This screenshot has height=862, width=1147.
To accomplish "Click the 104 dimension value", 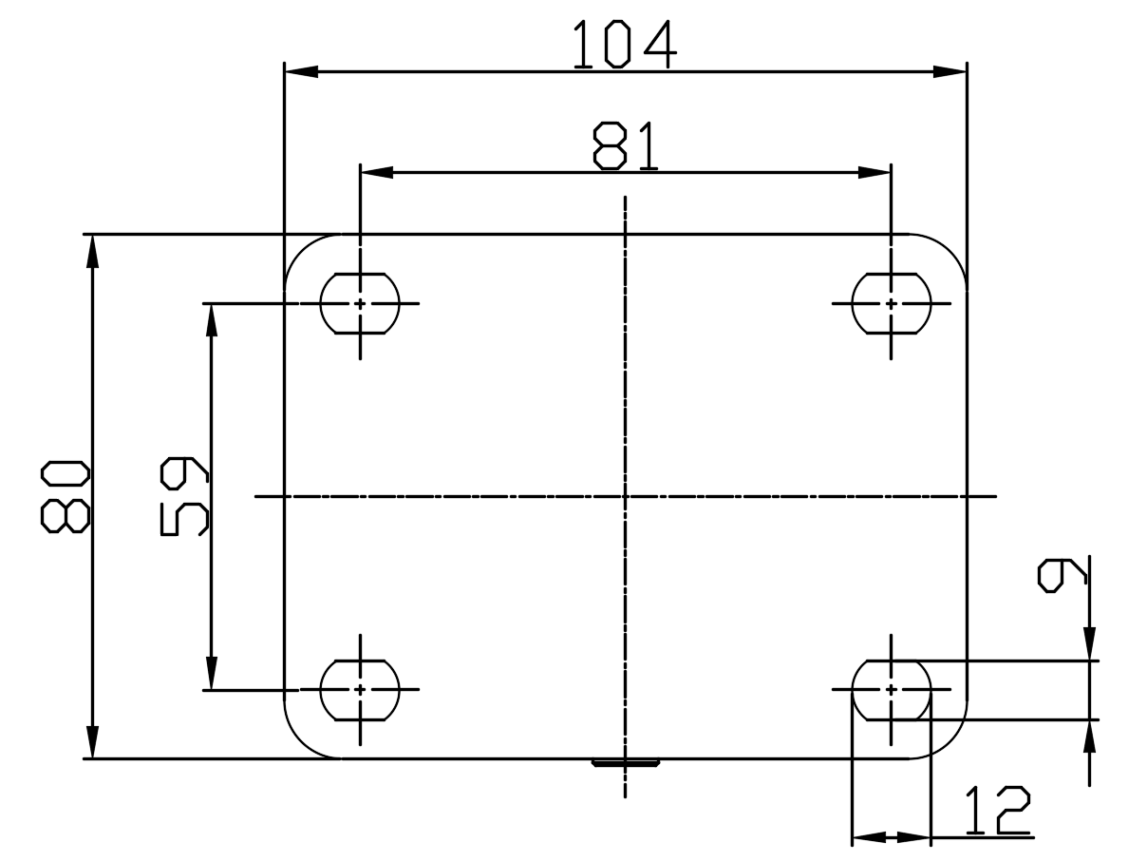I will pyautogui.click(x=625, y=46).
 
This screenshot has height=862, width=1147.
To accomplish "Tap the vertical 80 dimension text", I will pyautogui.click(x=66, y=495).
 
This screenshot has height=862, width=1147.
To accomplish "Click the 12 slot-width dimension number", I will pyautogui.click(x=996, y=811).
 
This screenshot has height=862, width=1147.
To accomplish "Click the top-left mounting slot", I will pyautogui.click(x=360, y=303).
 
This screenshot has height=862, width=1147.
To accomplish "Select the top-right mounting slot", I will pyautogui.click(x=891, y=303).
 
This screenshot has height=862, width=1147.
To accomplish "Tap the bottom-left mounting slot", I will pyautogui.click(x=360, y=690).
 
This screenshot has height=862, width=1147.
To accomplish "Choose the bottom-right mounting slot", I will pyautogui.click(x=891, y=690).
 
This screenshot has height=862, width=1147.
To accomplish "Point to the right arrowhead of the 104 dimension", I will pyautogui.click(x=950, y=71).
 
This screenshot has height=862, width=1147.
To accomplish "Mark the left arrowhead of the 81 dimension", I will pyautogui.click(x=377, y=172).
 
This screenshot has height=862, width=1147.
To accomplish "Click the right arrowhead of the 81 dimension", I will pyautogui.click(x=874, y=172).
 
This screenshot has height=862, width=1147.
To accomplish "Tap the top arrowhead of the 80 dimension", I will pyautogui.click(x=92, y=250).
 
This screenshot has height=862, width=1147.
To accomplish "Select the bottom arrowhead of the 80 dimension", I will pyautogui.click(x=92, y=742).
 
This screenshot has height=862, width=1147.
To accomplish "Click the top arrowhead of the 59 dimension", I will pyautogui.click(x=212, y=319).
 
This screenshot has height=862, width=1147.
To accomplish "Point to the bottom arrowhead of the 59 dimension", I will pyautogui.click(x=212, y=674).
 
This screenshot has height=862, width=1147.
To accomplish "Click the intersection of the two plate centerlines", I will pyautogui.click(x=625, y=496).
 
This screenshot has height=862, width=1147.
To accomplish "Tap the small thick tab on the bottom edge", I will pyautogui.click(x=626, y=762).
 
